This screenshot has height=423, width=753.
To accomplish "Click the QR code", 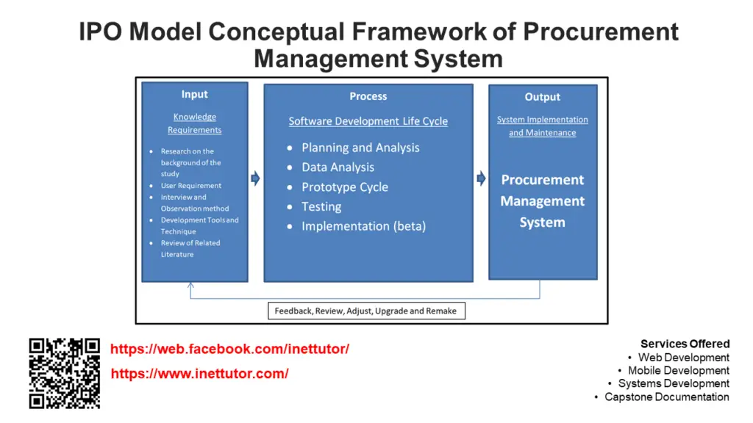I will [64, 373].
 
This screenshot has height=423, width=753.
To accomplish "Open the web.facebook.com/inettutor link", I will [229, 350].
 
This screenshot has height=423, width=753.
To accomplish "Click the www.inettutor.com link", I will [199, 374].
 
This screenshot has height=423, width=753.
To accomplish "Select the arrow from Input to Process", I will [256, 178].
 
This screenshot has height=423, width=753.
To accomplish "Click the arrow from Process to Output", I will [481, 178].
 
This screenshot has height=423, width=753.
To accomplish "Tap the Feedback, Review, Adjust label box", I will [365, 311].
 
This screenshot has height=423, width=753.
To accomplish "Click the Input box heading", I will [194, 95].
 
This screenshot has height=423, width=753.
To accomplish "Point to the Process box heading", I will [368, 96].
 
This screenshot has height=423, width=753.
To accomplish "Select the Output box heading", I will [542, 97].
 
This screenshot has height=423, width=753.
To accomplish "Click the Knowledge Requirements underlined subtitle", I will [194, 123].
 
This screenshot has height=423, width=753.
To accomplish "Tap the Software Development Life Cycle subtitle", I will [368, 121].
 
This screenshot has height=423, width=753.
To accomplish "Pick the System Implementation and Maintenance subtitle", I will [542, 126].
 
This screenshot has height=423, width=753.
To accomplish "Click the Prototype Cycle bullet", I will [344, 187].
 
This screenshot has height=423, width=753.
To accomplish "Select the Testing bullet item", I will [321, 207].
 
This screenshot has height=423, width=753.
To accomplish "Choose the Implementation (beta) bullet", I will [363, 226].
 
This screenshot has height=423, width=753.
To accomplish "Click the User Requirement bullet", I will [190, 186].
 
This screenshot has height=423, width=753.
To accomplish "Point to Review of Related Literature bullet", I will [190, 248].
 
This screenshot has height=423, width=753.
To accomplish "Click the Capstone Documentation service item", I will [666, 397].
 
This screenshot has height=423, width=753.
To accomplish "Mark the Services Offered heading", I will [685, 344].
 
